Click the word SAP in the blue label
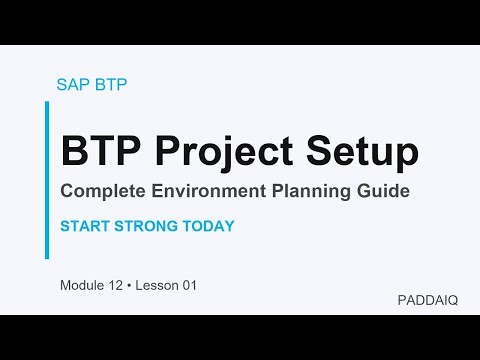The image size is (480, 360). click(73, 84)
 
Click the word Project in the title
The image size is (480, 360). click(222, 151)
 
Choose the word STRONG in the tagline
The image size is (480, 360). click(147, 226)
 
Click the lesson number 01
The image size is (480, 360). click(188, 286)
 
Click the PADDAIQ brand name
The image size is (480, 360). click(427, 299)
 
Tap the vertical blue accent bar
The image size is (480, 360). click(47, 179)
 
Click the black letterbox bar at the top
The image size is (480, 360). click(240, 22)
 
